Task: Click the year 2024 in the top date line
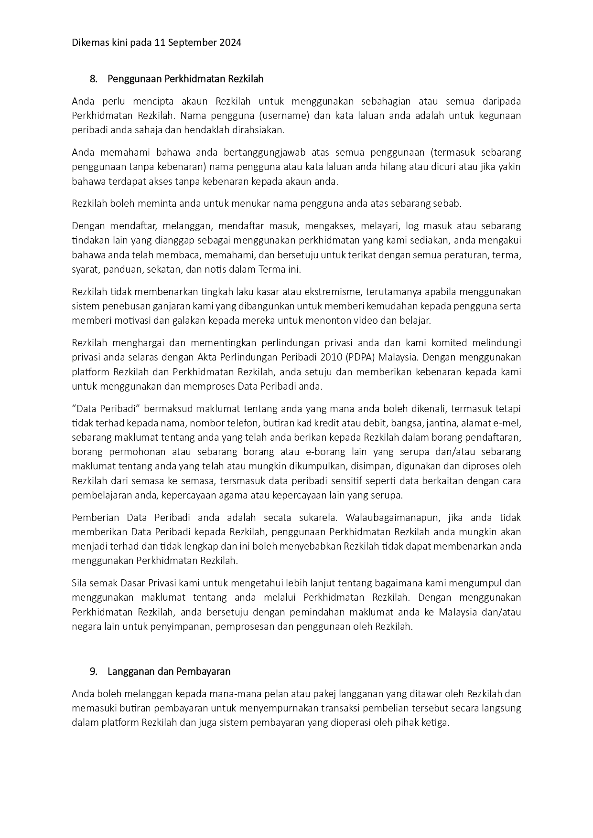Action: pos(230,42)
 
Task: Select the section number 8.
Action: pos(93,79)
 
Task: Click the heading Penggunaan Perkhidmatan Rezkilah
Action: pos(185,79)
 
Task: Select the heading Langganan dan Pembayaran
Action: pos(169,671)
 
